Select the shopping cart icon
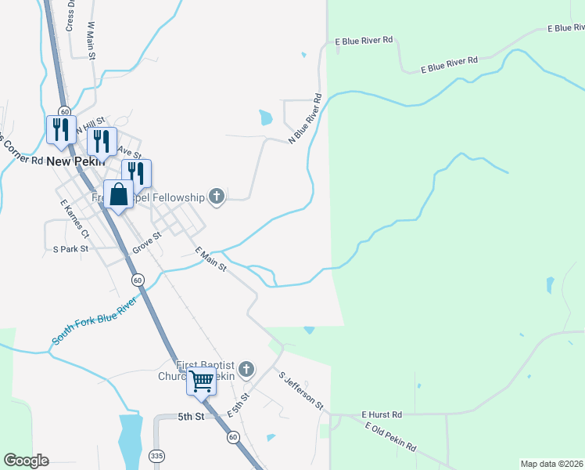[201, 381]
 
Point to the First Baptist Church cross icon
[246, 368]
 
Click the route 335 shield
[157, 454]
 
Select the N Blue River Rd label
[307, 118]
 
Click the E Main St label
[210, 259]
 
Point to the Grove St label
[146, 241]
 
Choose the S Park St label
[71, 249]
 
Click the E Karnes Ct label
[75, 219]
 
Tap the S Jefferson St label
[301, 390]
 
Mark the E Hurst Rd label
[382, 414]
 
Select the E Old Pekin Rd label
[390, 436]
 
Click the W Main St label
[92, 39]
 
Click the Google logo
[26, 461]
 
